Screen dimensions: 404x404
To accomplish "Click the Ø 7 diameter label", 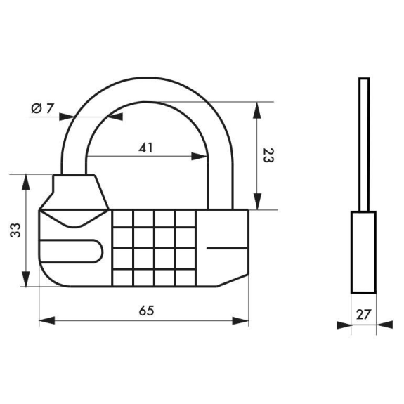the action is tap(43, 108).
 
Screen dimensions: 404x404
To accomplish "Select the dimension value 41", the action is tap(146, 148).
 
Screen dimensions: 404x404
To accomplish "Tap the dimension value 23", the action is tap(268, 155).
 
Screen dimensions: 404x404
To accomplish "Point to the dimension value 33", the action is tap(15, 230).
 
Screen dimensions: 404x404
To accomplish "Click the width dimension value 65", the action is tap(146, 311).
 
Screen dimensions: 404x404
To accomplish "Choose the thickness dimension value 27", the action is tap(363, 314).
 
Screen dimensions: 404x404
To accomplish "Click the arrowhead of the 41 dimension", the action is tap(199, 156).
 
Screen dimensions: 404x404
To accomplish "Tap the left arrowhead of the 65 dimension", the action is tap(47, 321).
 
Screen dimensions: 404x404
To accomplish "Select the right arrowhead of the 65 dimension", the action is tap(240, 321).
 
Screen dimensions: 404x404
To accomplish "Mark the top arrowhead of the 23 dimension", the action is tap(257, 110).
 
